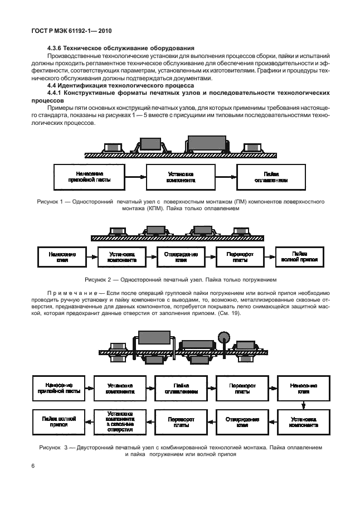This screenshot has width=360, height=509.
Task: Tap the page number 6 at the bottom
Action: [33, 466]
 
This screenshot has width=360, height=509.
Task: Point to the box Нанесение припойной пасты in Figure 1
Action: [85, 177]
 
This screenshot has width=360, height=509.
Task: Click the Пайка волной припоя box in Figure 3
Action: [58, 421]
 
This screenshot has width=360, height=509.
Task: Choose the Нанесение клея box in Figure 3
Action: [303, 388]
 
